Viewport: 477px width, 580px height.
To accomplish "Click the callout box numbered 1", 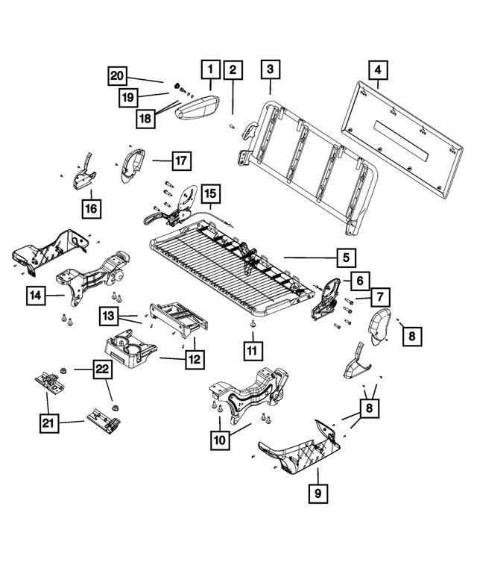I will pyautogui.click(x=210, y=71).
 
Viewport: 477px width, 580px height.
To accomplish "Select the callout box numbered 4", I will pyautogui.click(x=378, y=71).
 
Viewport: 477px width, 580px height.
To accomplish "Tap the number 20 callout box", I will pyautogui.click(x=117, y=75).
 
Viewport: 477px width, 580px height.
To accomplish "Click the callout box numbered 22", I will pyautogui.click(x=102, y=368).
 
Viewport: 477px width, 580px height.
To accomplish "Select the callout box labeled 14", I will pyautogui.click(x=34, y=297).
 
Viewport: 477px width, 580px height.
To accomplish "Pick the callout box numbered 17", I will pyautogui.click(x=181, y=160).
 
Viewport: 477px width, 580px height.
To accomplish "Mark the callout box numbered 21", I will pyautogui.click(x=48, y=424).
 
